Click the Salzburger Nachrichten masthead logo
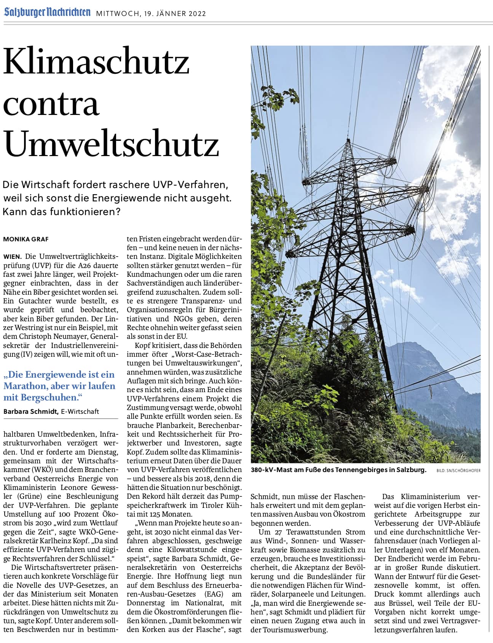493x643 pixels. [47, 12]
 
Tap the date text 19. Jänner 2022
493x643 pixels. [175, 14]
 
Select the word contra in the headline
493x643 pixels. [51, 104]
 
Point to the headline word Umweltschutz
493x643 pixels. [111, 144]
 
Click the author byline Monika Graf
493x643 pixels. [26, 239]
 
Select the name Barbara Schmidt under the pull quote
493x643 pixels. [31, 411]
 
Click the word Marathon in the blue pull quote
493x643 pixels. [26, 386]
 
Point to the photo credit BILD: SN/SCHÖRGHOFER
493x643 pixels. [458, 471]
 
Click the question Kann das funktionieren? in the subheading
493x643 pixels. [62, 212]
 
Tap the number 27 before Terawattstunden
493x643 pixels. [279, 532]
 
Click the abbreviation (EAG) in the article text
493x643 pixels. [214, 594]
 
